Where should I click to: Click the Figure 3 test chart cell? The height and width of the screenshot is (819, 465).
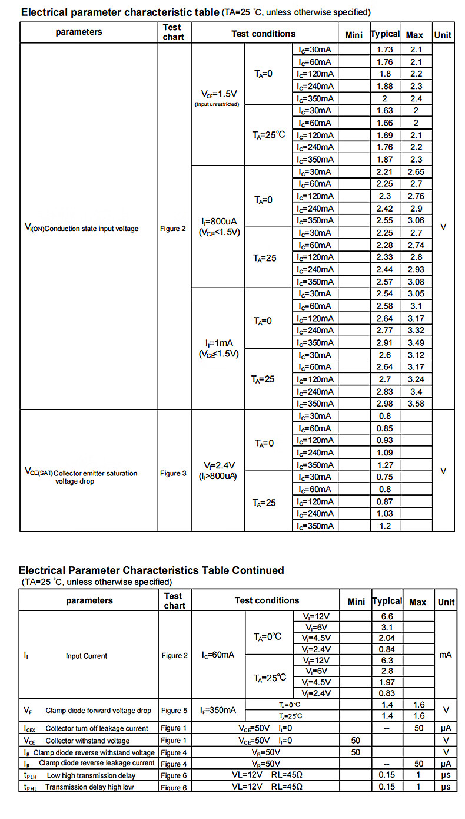[173, 473]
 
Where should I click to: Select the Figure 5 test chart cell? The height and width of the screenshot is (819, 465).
[174, 710]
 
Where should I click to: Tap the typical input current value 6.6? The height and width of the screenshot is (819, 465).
[387, 616]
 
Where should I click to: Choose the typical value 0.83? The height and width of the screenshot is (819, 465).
[387, 693]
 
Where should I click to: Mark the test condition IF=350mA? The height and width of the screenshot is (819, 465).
[218, 710]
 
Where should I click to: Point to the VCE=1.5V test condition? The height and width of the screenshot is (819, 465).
[218, 94]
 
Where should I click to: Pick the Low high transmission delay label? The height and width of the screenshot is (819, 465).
[91, 775]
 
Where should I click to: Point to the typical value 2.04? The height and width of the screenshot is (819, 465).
[387, 638]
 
